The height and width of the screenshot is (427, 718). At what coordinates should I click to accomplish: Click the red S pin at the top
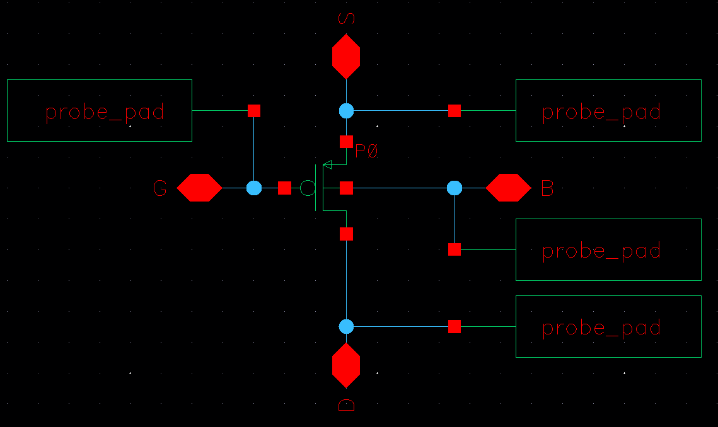346,57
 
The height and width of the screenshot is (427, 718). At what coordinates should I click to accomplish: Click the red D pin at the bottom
346,365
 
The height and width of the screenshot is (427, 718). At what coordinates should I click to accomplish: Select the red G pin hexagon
199,188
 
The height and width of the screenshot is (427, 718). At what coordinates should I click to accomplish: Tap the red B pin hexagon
508,188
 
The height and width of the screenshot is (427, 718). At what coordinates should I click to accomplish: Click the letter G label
160,188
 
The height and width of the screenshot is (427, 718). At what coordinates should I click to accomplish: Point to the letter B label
547,188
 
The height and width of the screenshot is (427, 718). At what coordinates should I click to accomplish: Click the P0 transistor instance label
366,151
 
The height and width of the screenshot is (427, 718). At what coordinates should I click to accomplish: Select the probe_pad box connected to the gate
100,110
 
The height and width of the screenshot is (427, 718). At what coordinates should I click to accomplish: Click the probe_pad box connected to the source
608,110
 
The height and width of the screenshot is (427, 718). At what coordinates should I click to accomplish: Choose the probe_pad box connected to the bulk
608,249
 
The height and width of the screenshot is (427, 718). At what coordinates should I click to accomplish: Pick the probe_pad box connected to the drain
608,326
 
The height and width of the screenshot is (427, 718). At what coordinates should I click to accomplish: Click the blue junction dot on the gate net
254,188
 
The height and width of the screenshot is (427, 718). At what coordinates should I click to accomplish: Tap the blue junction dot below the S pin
346,111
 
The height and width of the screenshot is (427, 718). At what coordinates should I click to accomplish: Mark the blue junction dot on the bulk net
455,188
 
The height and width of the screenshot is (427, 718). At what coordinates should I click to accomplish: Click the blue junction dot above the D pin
346,326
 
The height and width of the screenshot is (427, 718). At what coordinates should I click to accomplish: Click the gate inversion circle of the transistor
307,188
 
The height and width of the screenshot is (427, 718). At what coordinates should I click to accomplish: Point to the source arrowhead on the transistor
327,165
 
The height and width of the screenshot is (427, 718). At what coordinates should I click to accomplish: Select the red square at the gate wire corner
254,111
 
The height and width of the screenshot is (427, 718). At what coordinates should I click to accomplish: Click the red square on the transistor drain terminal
346,234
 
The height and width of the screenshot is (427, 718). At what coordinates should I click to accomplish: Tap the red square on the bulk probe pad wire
455,249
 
